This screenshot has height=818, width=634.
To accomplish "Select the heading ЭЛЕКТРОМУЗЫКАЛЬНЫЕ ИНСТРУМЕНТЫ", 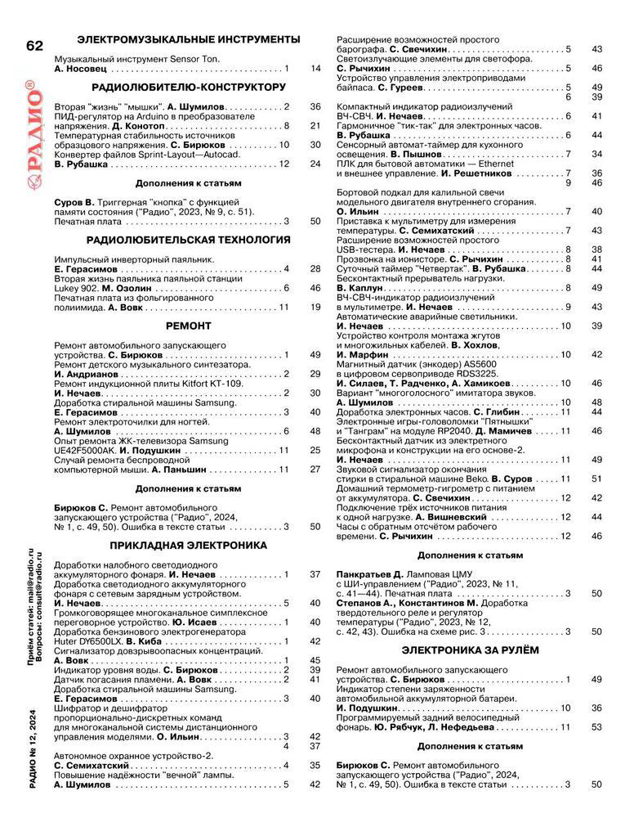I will click(188, 40).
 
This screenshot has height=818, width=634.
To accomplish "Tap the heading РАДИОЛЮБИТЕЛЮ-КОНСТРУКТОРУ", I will click(188, 87).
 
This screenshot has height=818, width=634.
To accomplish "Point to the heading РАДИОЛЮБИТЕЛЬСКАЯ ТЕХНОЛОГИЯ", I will click(188, 240).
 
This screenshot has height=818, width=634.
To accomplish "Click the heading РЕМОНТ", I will click(188, 326).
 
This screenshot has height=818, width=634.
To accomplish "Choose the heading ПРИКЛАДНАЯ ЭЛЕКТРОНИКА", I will click(188, 544).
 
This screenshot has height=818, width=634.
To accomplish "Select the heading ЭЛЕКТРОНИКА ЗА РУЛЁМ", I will click(471, 649).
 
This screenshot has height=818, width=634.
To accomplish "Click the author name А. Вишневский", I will click(457, 517).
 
